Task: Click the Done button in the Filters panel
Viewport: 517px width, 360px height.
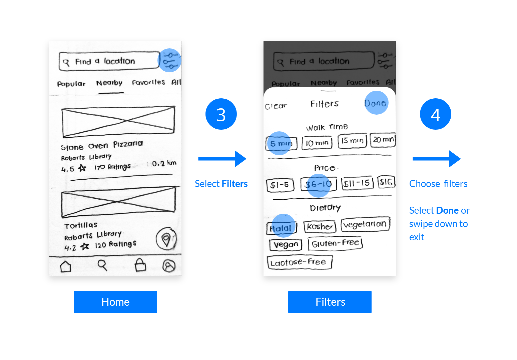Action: (375, 103)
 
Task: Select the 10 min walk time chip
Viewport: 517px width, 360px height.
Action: (317, 143)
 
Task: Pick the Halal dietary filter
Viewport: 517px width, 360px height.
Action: (282, 228)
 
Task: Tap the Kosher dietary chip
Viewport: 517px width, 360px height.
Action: (320, 227)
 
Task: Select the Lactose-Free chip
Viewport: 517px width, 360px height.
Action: (299, 262)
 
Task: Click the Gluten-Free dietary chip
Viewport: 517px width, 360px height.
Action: (335, 243)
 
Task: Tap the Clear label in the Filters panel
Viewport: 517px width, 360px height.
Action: (276, 106)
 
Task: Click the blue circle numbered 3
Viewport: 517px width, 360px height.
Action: (221, 114)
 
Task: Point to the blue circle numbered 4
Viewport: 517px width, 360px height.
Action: (435, 114)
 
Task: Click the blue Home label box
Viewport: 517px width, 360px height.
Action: (115, 302)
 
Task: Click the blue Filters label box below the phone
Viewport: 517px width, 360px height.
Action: (330, 302)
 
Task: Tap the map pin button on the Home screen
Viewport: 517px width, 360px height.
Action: (166, 239)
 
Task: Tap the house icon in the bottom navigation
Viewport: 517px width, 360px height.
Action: (66, 266)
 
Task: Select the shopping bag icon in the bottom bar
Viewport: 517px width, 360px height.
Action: (140, 265)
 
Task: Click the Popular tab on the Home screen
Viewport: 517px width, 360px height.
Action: (71, 84)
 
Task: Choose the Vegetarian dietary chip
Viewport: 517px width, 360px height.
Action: (365, 224)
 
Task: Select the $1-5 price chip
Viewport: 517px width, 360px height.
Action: (280, 185)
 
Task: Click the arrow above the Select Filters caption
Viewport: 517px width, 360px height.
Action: (222, 159)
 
